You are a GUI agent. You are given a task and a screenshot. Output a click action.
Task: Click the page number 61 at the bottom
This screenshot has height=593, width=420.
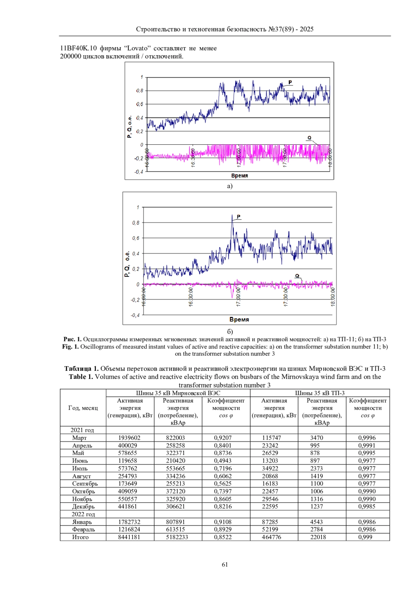225,564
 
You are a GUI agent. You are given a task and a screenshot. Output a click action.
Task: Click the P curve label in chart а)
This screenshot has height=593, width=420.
290,82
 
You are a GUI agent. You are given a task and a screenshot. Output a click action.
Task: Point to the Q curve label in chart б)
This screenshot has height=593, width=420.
297,276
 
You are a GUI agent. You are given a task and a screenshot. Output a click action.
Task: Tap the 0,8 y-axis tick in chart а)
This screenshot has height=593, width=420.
140,91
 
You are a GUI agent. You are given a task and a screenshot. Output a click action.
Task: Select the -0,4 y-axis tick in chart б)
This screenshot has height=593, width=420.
135,315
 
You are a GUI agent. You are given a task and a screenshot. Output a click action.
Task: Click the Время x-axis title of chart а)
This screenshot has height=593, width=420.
239,176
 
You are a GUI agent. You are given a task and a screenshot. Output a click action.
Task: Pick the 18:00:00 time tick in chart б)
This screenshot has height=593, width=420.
333,297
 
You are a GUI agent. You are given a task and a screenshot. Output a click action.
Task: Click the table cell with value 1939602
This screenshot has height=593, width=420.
129,438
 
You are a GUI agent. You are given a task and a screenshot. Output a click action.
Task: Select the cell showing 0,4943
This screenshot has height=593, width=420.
223,461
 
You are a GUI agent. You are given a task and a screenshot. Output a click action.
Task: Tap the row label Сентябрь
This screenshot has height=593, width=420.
85,484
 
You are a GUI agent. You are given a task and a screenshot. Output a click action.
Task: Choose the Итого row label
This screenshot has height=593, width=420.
80,537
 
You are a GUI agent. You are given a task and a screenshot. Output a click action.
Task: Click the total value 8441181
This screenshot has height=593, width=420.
129,537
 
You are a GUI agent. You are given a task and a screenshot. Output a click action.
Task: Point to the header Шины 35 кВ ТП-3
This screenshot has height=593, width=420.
320,393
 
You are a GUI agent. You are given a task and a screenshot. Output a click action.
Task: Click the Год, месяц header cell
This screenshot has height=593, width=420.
83,408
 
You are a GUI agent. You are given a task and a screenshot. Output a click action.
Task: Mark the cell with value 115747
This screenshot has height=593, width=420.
272,438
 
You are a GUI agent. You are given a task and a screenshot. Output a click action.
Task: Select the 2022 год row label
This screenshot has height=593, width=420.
83,514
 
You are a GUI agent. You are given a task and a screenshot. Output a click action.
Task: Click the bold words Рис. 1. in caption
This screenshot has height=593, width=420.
72,339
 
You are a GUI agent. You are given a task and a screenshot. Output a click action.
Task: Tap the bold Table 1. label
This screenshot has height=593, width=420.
81,377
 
